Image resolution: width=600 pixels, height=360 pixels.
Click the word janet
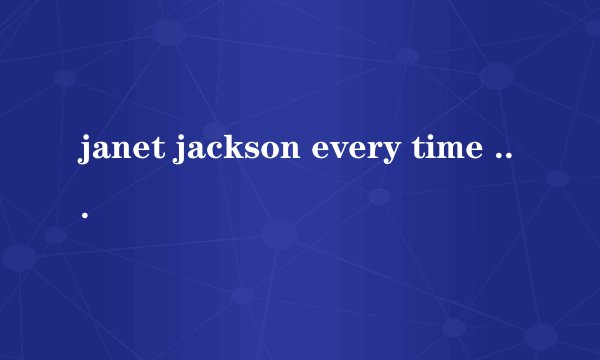tap(119, 152)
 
